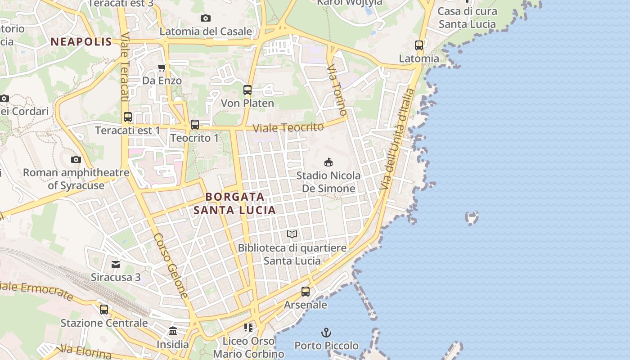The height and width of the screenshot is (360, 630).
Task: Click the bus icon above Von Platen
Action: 247,90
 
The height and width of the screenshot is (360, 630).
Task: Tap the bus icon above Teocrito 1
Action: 195,124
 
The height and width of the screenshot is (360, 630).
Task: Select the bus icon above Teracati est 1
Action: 128,117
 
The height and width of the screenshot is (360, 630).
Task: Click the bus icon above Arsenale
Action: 306,291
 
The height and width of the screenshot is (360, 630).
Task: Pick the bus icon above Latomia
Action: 419,45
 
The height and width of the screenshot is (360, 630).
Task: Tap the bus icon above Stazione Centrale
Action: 104,309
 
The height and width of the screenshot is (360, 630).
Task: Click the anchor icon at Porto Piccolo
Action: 326,333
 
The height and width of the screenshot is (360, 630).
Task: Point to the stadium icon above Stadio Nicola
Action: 328,162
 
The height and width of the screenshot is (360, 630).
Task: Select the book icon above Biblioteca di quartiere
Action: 292,234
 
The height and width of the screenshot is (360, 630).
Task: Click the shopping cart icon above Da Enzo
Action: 162,67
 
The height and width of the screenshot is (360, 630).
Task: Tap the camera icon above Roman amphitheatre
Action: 76,159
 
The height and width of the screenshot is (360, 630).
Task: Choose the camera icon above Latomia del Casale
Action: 206,18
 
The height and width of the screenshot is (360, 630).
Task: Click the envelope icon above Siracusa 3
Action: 116,264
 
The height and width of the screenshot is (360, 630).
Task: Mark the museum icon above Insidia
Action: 173,331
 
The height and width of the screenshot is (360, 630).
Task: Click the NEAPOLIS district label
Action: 81,42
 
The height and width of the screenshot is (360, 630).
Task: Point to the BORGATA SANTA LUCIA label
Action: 234,203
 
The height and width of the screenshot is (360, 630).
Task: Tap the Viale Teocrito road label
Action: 288,128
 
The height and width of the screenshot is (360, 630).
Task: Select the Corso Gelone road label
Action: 171,265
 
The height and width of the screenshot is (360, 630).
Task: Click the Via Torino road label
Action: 337,89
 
